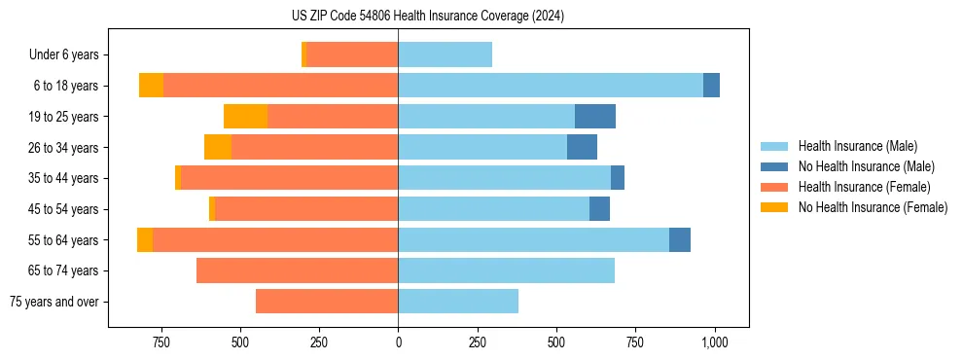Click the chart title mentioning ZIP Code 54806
coord(427,16)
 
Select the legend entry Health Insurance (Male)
coord(856,146)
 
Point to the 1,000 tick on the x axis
coord(715,342)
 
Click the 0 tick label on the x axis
coord(398,342)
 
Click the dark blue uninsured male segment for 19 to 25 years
coord(595,117)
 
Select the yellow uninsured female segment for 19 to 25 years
coord(245,117)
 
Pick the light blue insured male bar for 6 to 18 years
coord(551,86)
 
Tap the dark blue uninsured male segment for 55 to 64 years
coord(680,239)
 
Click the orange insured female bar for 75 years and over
coord(327,302)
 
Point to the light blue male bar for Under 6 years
coord(445,55)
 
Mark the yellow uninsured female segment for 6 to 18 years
coord(151,86)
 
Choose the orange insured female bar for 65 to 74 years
coord(297,270)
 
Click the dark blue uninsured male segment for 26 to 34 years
coord(582,147)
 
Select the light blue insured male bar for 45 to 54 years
coord(493,209)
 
